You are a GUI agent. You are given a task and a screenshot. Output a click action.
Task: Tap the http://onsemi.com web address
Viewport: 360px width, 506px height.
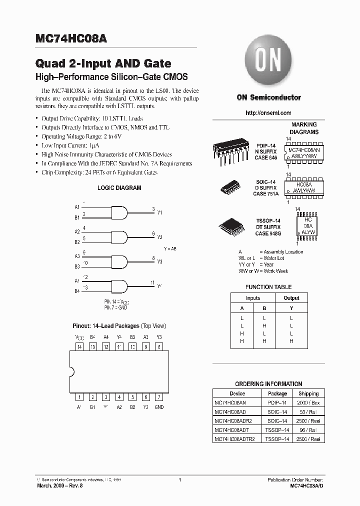click(268, 113)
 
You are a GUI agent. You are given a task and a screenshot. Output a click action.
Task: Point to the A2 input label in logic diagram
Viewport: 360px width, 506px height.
click(77, 231)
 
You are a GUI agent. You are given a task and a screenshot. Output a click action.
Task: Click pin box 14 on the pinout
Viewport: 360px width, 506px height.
click(79, 346)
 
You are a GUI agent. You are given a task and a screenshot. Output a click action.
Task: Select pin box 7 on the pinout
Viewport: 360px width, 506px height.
click(159, 397)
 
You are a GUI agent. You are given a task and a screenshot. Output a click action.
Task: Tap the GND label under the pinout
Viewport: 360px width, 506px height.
click(159, 407)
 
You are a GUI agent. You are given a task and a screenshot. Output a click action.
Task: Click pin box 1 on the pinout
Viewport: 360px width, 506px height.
click(79, 397)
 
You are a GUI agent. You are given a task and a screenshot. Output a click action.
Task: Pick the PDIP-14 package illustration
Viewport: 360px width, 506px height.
click(230, 150)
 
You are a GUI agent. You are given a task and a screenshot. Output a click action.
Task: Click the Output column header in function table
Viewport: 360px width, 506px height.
click(291, 298)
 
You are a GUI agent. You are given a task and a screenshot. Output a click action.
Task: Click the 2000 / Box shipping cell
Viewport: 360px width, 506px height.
click(308, 402)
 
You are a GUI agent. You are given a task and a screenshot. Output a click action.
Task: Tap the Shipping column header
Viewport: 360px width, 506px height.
click(308, 393)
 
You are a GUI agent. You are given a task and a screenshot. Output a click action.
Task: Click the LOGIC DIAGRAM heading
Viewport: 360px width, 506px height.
click(119, 188)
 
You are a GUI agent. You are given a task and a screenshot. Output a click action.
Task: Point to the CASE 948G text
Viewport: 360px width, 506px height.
click(268, 233)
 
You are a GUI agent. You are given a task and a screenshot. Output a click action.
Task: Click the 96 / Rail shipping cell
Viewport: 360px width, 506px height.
click(308, 429)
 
